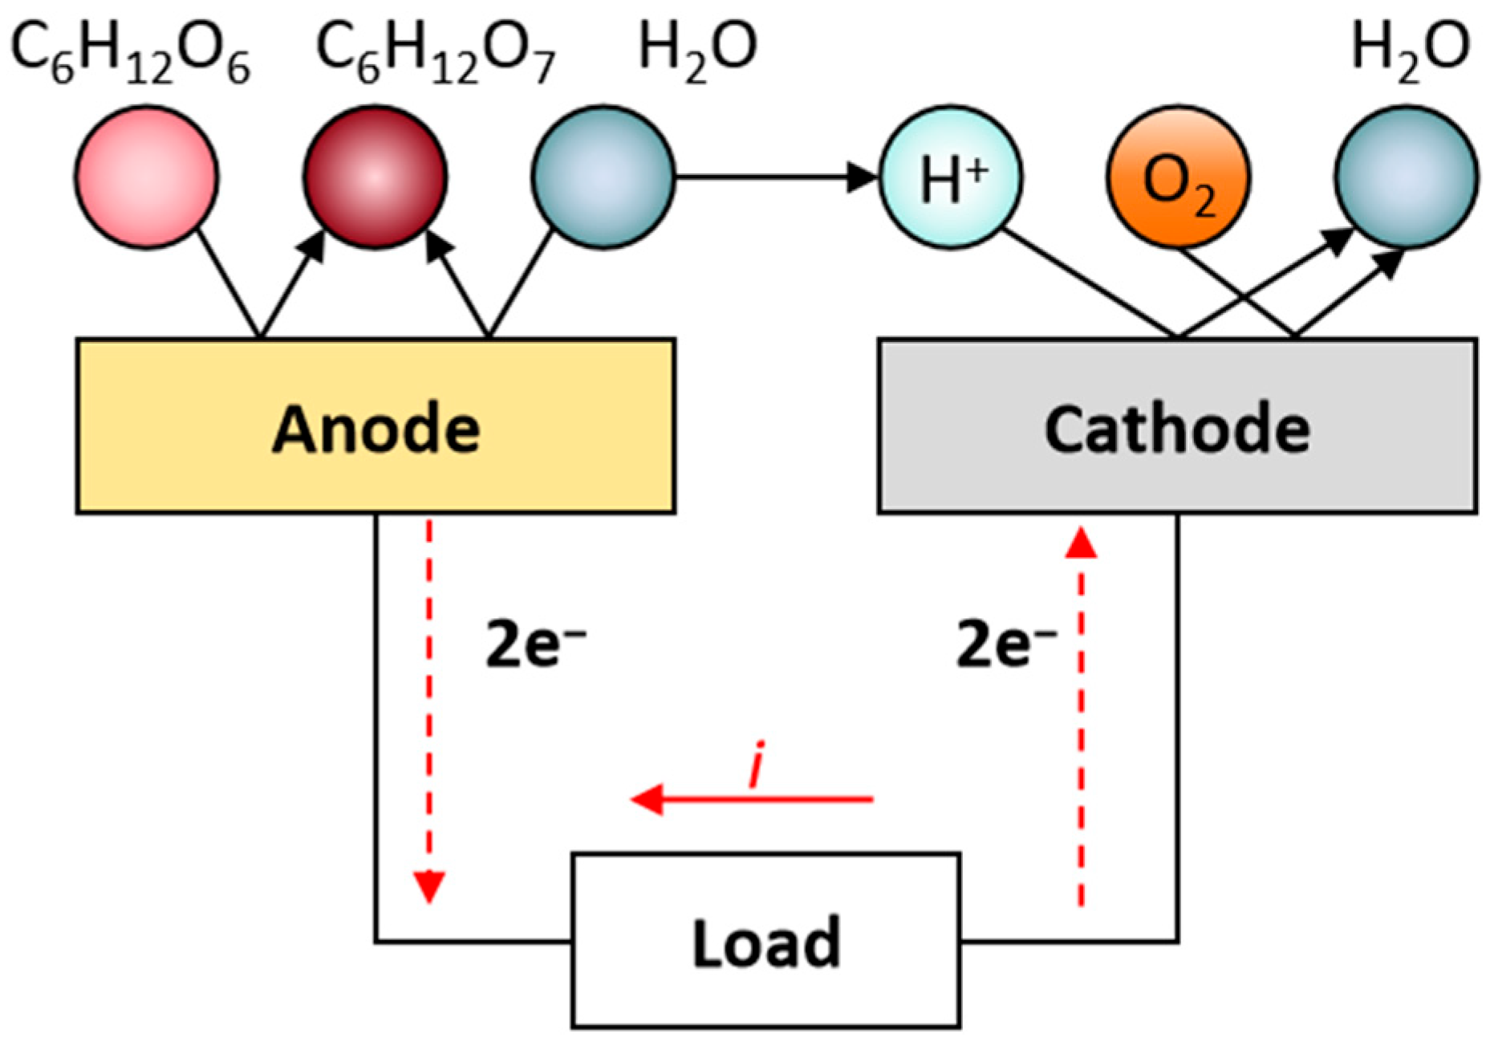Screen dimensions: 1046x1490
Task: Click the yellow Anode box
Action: click(376, 426)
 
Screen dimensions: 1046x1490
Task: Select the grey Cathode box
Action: click(1177, 426)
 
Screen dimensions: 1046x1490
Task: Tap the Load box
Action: click(765, 941)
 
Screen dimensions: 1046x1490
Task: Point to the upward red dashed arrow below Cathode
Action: click(1082, 714)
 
